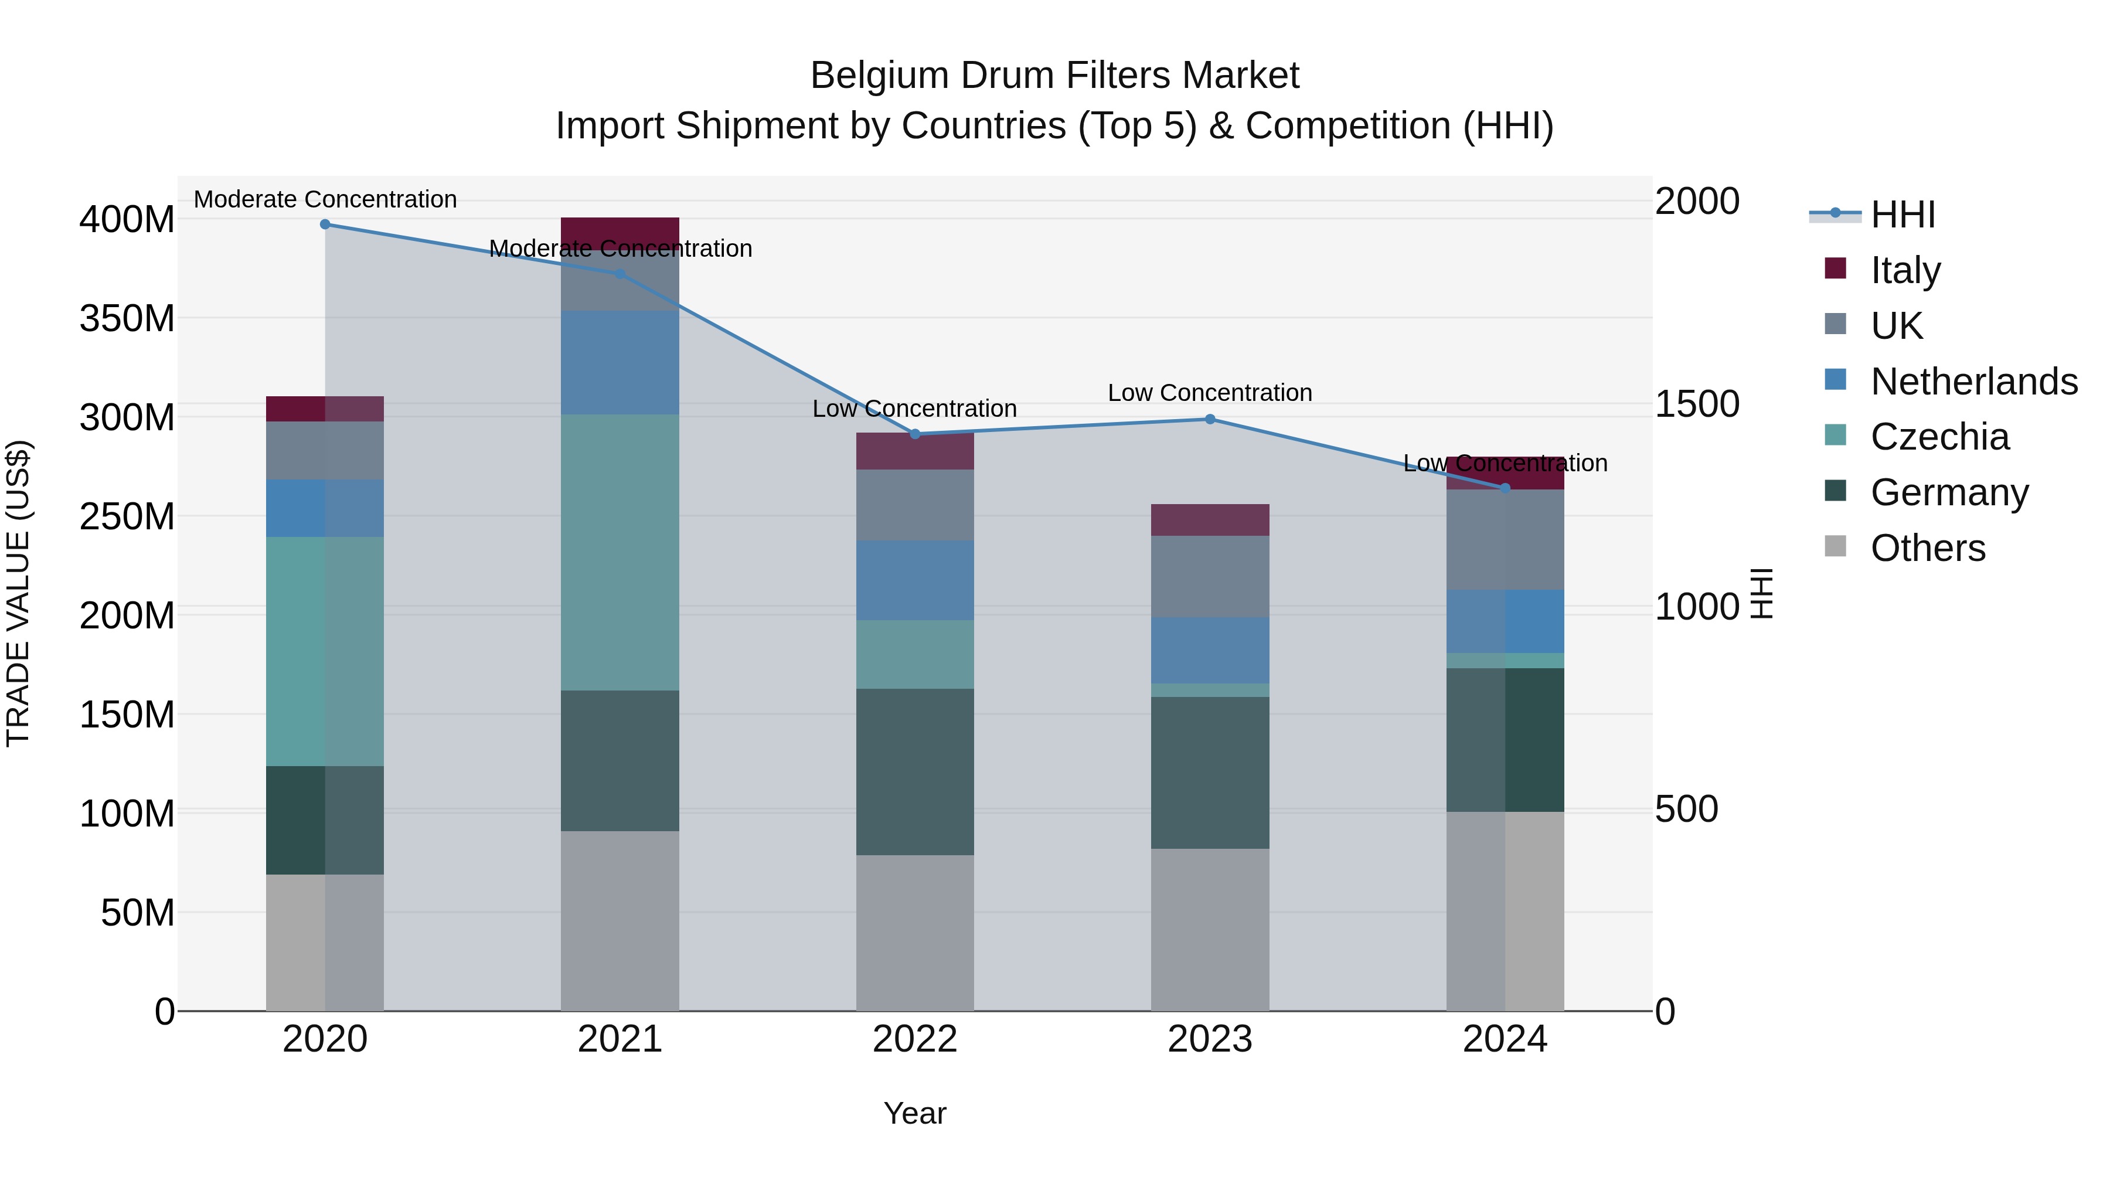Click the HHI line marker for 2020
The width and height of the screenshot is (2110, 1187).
pyautogui.click(x=325, y=225)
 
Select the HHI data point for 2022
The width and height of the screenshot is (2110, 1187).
pyautogui.click(x=915, y=434)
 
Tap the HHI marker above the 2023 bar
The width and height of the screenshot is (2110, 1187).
pyautogui.click(x=1210, y=420)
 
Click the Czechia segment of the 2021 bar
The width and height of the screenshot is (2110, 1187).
pyautogui.click(x=620, y=552)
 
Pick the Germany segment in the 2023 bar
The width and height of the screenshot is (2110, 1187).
pyautogui.click(x=1210, y=773)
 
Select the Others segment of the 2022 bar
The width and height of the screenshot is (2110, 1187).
pyautogui.click(x=915, y=933)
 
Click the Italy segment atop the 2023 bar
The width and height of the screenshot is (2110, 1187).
pyautogui.click(x=1210, y=520)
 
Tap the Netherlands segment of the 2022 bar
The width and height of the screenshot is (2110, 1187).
pyautogui.click(x=915, y=580)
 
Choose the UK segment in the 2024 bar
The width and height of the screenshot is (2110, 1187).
pyautogui.click(x=1505, y=540)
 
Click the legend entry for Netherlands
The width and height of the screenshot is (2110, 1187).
pyautogui.click(x=1974, y=382)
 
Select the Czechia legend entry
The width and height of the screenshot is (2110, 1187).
pyautogui.click(x=1939, y=437)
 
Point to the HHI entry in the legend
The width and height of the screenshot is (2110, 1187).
pyautogui.click(x=1902, y=215)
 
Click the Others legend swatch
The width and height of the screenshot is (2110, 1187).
pyautogui.click(x=1836, y=546)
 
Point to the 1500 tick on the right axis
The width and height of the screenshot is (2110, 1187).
pyautogui.click(x=1697, y=404)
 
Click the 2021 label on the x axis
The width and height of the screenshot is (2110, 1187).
pyautogui.click(x=620, y=1039)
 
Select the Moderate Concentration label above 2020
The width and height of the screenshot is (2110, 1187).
pyautogui.click(x=325, y=199)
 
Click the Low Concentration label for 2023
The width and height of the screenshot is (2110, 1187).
pyautogui.click(x=1210, y=393)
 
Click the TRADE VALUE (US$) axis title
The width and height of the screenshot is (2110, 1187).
pyautogui.click(x=19, y=593)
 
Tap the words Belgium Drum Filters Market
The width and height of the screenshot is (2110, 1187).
pyautogui.click(x=1054, y=76)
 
